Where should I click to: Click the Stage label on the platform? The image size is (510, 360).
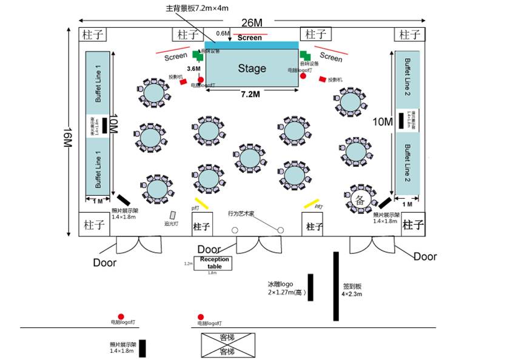pyautogui.click(x=252, y=68)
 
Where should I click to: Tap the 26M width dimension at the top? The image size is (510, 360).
pyautogui.click(x=252, y=23)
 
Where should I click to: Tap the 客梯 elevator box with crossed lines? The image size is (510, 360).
pyautogui.click(x=227, y=344)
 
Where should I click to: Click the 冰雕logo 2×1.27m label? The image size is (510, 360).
pyautogui.click(x=286, y=288)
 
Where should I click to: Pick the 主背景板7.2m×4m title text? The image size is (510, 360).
pyautogui.click(x=198, y=9)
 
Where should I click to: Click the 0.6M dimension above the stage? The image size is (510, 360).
pyautogui.click(x=223, y=34)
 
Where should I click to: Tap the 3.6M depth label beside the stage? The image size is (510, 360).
pyautogui.click(x=194, y=69)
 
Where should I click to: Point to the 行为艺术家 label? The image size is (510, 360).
pyautogui.click(x=241, y=213)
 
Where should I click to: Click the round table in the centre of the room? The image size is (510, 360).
pyautogui.click(x=250, y=158)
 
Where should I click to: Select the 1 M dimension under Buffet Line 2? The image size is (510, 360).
pyautogui.click(x=407, y=204)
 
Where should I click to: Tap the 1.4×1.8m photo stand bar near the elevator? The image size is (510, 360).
pyautogui.click(x=143, y=348)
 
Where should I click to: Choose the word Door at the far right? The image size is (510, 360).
pyautogui.click(x=424, y=256)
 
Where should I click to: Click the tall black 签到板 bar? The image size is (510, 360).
pyautogui.click(x=335, y=285)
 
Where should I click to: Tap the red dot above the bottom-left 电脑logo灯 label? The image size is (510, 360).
pyautogui.click(x=121, y=316)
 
